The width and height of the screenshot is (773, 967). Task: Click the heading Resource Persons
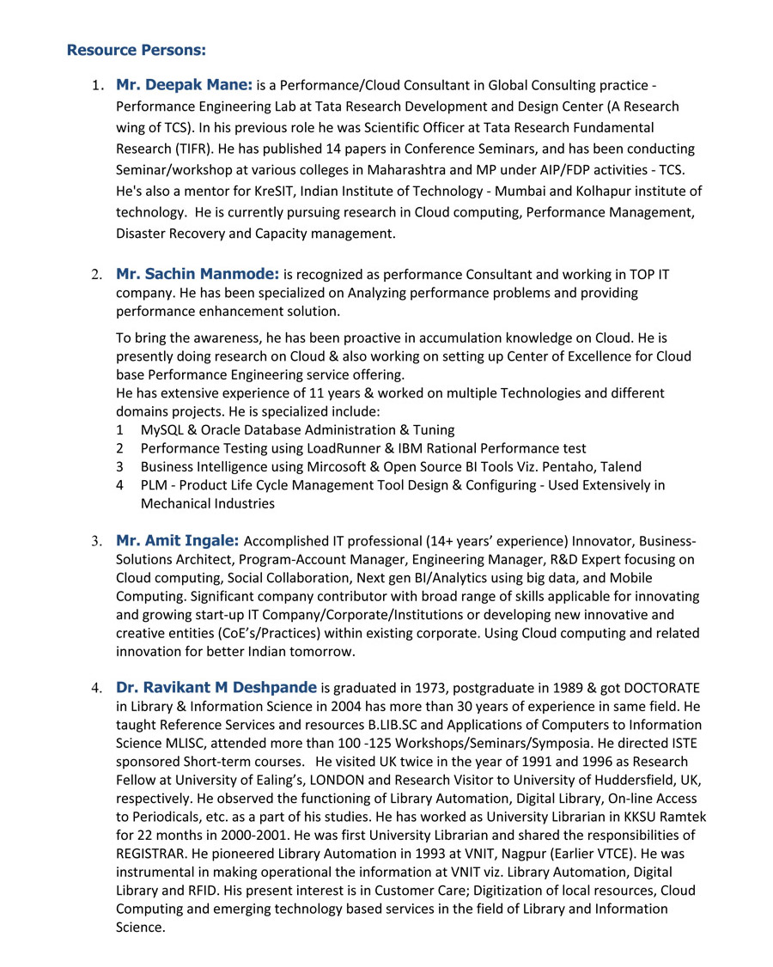pos(136,50)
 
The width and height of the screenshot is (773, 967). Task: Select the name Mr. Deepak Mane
pos(184,85)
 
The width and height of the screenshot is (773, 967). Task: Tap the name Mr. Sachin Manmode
pos(197,275)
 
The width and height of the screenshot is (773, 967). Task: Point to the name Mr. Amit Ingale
pos(178,540)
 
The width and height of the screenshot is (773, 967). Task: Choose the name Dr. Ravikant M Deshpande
pos(216,688)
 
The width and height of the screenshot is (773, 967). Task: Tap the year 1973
pos(429,688)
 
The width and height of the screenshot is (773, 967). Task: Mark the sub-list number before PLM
pos(120,485)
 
